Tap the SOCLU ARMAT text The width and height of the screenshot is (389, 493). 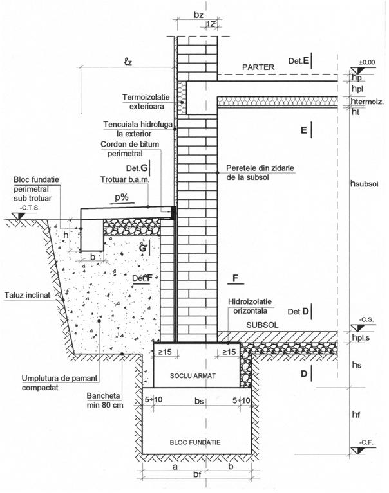pyautogui.click(x=196, y=375)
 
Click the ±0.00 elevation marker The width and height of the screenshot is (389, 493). pyautogui.click(x=367, y=62)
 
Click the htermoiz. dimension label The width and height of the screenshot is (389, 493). pyautogui.click(x=368, y=102)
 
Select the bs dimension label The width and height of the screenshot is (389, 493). pyautogui.click(x=196, y=400)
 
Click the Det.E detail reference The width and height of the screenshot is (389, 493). pyautogui.click(x=300, y=61)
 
